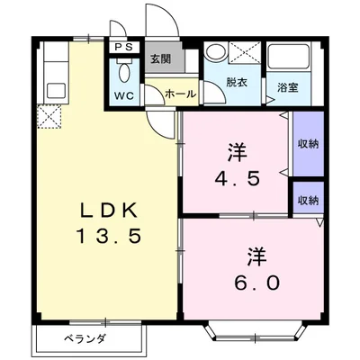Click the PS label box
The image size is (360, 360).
tap(124, 47)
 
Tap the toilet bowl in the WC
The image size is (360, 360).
tap(124, 73)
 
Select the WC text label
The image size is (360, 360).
tap(123, 95)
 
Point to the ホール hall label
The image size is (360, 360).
tap(180, 94)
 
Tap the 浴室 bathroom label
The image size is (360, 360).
tap(288, 87)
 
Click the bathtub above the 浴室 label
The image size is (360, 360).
tap(288, 57)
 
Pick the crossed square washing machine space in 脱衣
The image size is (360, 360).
tap(244, 52)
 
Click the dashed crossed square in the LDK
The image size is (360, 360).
tap(49, 117)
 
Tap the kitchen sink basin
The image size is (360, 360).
tap(56, 91)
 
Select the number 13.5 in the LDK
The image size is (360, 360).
tap(109, 236)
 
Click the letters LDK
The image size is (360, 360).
tap(109, 211)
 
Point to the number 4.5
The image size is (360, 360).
tap(237, 179)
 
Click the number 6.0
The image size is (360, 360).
tap(257, 283)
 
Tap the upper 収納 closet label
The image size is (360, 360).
tap(309, 144)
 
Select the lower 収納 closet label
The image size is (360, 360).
tap(309, 201)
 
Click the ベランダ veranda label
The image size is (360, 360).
tap(85, 339)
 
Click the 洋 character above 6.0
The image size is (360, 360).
tap(257, 256)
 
